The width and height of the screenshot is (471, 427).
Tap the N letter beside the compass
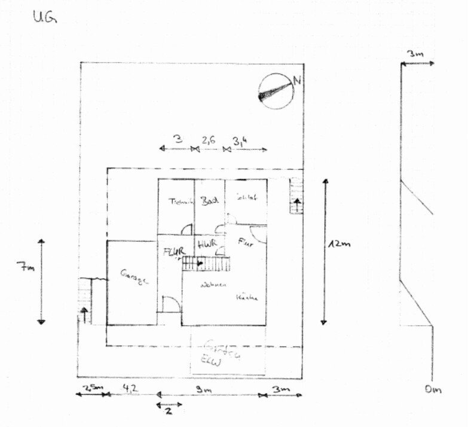[x=296, y=82]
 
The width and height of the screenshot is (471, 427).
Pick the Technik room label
[x=181, y=202]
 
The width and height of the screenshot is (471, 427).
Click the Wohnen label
[x=213, y=285]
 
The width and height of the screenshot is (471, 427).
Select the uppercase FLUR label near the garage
[x=175, y=251]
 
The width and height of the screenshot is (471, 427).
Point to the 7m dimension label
[x=25, y=269]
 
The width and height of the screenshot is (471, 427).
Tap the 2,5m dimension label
[x=91, y=388]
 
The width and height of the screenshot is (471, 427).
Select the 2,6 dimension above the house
[x=209, y=141]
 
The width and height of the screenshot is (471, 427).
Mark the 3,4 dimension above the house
[x=240, y=142]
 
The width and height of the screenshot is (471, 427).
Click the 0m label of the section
[x=433, y=391]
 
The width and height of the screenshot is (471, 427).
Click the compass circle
[x=276, y=91]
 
